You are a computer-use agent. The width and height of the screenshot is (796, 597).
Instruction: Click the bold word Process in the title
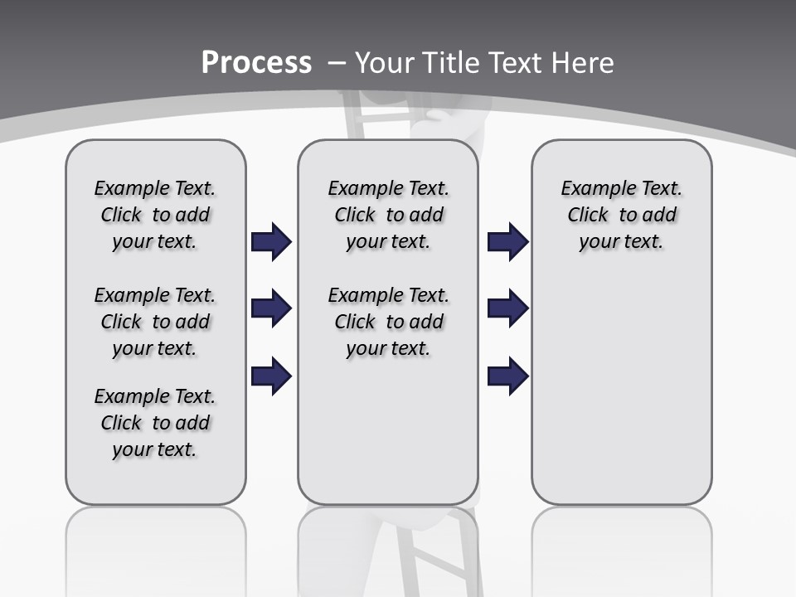(x=256, y=63)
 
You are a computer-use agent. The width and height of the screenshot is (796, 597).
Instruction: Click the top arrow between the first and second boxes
(x=271, y=242)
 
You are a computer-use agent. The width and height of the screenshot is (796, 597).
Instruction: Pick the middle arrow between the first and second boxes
(x=271, y=309)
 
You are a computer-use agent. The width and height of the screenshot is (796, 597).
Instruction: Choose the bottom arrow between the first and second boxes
(x=271, y=376)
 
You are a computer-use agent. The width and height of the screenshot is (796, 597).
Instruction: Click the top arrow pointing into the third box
(x=508, y=242)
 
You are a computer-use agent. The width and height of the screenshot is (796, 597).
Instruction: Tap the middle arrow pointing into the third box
(x=508, y=309)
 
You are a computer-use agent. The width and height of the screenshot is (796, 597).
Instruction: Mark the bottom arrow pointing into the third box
(x=508, y=376)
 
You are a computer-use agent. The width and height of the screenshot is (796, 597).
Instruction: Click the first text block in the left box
(x=155, y=215)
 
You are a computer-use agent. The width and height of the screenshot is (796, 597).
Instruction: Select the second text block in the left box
(x=155, y=322)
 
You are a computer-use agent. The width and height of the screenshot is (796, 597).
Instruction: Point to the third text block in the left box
(x=155, y=423)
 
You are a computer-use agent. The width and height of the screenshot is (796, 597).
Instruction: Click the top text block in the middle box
(x=388, y=215)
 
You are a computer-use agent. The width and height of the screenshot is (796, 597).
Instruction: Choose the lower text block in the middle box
(x=388, y=322)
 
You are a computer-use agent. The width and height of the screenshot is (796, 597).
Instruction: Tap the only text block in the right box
(x=621, y=215)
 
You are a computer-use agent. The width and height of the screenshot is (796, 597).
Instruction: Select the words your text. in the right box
(x=621, y=242)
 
